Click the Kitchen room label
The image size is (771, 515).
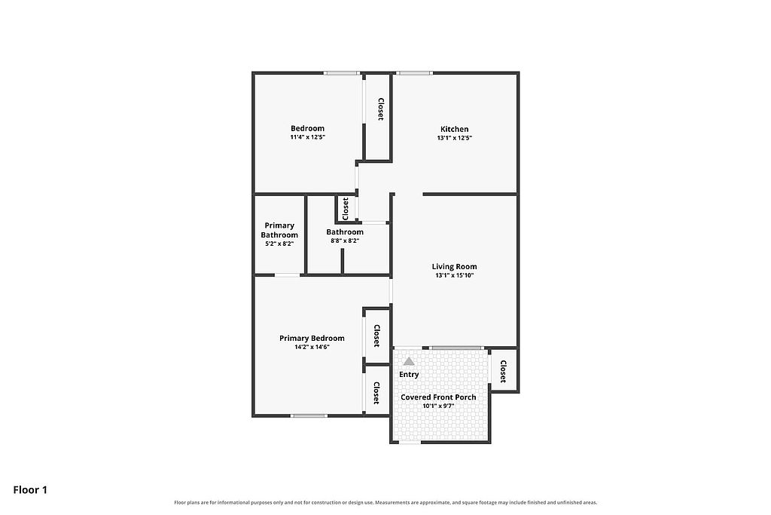(454, 129)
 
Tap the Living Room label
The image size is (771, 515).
(454, 266)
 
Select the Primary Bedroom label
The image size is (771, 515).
(312, 339)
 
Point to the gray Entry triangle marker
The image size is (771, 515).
(409, 361)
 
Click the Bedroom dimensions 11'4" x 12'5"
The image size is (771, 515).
(308, 137)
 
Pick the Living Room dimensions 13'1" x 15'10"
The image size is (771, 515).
(454, 276)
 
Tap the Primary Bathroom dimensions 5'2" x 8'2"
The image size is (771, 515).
(279, 244)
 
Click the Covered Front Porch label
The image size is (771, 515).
(438, 397)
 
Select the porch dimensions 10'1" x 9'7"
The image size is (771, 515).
(438, 406)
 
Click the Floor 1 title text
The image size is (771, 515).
(30, 490)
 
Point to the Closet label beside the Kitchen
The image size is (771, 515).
(380, 109)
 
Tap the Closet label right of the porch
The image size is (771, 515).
(503, 371)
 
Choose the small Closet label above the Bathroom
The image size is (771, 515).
(345, 209)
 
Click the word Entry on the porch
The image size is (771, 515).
(409, 374)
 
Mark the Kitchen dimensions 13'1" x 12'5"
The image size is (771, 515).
(454, 138)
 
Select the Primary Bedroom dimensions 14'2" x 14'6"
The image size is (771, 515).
(312, 347)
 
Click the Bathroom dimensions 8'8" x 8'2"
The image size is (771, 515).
(345, 241)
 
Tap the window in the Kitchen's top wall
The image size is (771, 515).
(414, 73)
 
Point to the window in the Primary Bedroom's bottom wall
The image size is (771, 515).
(309, 416)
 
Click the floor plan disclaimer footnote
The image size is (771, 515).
(385, 503)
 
